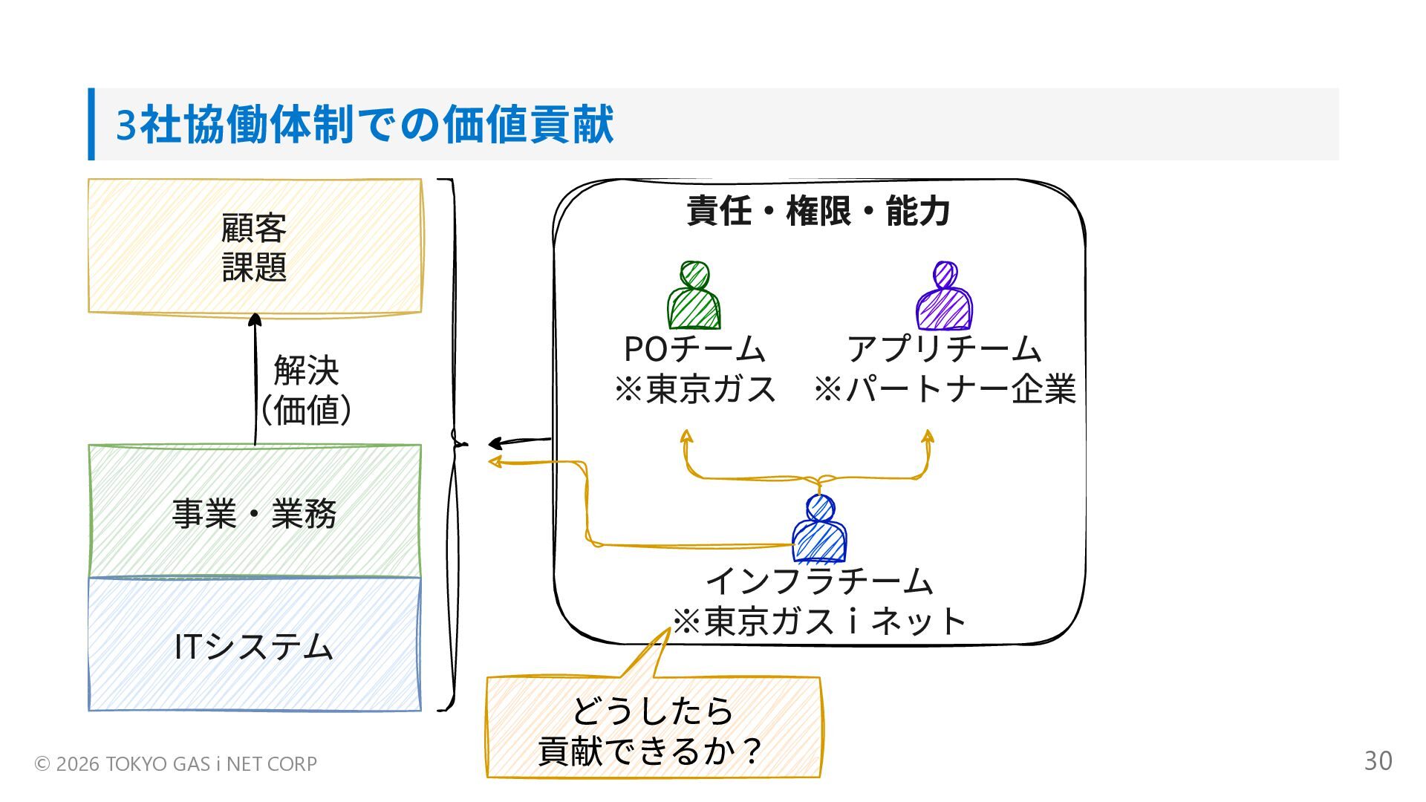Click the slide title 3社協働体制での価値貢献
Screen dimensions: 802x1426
[x=365, y=124]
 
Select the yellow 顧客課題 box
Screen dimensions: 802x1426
[x=255, y=246]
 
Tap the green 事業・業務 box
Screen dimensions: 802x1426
[x=255, y=512]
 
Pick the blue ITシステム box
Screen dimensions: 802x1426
[x=255, y=645]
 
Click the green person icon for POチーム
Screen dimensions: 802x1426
[x=694, y=296]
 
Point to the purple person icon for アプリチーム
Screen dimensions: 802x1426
[x=944, y=296]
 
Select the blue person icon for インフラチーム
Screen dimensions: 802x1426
[x=819, y=529]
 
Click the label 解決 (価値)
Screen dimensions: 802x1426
[x=306, y=390]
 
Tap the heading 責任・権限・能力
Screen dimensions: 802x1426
[x=818, y=211]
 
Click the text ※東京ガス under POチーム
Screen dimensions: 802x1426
[x=695, y=389]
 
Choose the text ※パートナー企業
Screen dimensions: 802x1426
[x=945, y=389]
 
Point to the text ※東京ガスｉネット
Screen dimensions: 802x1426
[x=819, y=622]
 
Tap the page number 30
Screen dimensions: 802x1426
[x=1378, y=761]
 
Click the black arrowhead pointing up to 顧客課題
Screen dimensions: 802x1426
[x=255, y=320]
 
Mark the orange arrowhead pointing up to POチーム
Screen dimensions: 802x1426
[x=686, y=436]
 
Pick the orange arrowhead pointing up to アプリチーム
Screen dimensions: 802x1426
[x=928, y=436]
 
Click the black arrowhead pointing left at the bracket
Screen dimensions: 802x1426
[x=495, y=444]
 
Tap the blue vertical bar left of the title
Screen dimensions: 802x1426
[x=91, y=124]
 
